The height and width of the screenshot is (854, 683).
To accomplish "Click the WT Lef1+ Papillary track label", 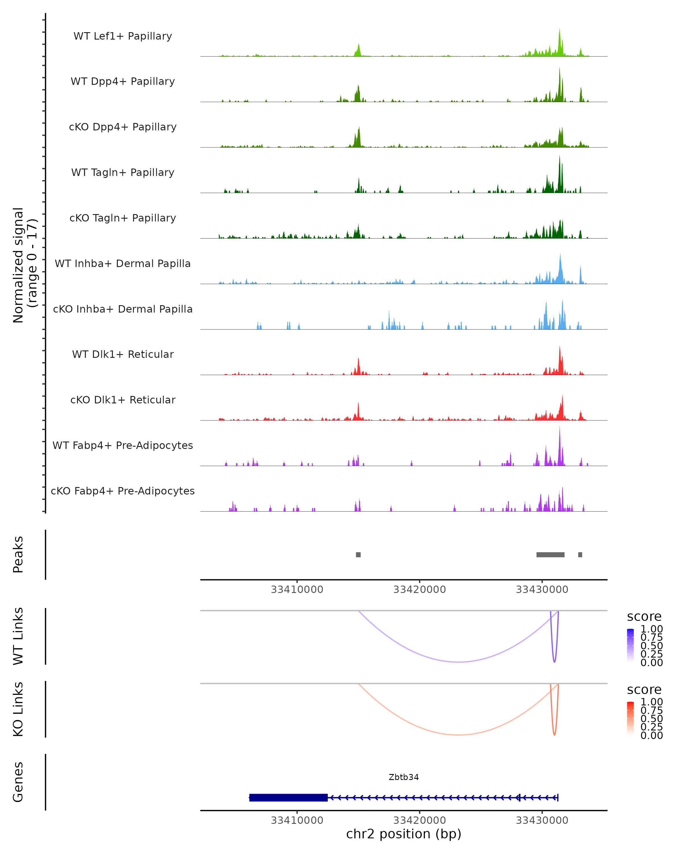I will pos(123,36).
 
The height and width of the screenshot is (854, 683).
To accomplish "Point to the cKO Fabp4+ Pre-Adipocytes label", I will pos(123,491).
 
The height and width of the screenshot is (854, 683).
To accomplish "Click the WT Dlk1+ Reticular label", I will pos(123,354).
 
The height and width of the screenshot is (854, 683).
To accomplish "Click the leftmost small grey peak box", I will pos(358,555).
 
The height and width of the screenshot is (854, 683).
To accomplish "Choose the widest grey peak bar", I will pos(550,555).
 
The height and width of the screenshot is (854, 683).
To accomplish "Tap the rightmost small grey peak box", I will pos(580,555).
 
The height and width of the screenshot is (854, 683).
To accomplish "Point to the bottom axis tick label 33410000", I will pos(297,820).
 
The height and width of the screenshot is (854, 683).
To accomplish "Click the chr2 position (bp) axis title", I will pos(404,834).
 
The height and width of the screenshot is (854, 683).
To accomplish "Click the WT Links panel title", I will pos(18,636).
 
